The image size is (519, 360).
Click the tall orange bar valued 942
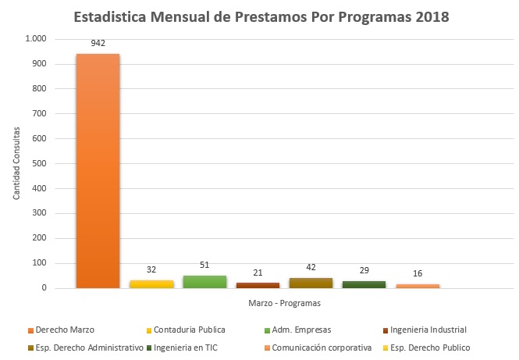98,172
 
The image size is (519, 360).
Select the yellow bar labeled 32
151,284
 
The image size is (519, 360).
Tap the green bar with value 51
204,282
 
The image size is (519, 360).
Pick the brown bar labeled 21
258,285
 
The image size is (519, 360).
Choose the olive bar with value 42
311,283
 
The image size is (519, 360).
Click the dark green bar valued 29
364,284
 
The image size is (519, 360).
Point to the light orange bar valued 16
418,286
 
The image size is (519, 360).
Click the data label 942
98,45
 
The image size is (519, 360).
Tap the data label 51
204,266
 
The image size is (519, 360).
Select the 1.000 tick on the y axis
36,39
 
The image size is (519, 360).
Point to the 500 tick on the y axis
39,163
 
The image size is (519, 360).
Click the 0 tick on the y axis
44,288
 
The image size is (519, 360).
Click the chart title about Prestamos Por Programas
261,16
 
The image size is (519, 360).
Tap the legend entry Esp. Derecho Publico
432,348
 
